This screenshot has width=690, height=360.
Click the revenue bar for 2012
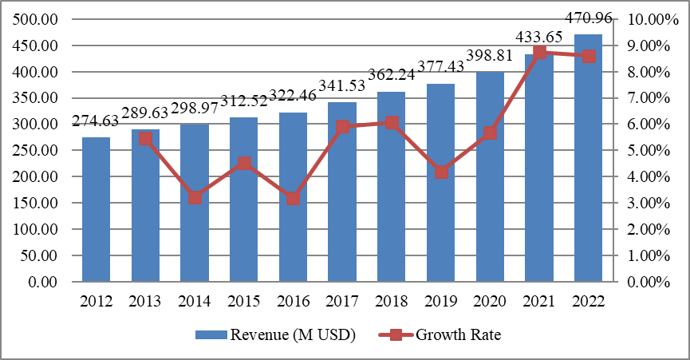(x=97, y=209)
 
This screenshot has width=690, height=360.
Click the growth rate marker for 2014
(x=195, y=197)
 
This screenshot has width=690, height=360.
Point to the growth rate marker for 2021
(x=539, y=53)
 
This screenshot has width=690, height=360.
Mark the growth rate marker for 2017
(x=342, y=126)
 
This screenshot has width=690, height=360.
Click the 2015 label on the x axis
(x=243, y=303)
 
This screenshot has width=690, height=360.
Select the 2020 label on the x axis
(x=490, y=303)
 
